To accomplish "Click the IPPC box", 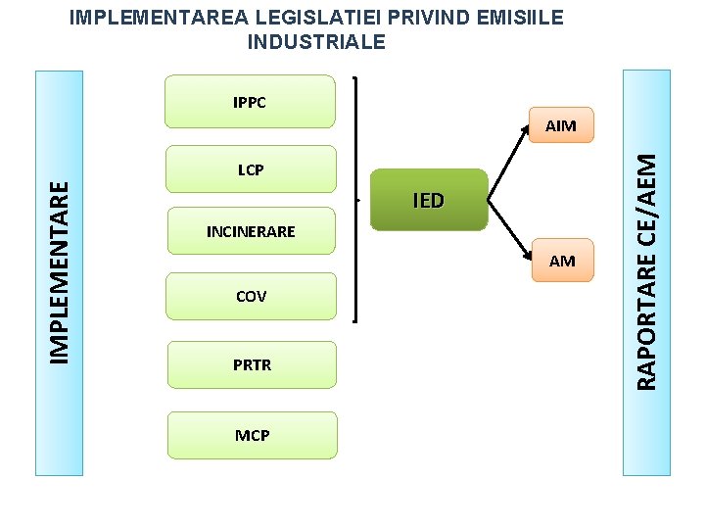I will (x=251, y=102).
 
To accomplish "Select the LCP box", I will (x=251, y=169).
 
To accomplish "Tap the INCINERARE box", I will (x=251, y=232).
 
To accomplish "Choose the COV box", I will (x=251, y=296).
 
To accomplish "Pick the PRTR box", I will (x=252, y=364).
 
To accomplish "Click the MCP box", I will (x=252, y=435).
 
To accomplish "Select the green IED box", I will (x=429, y=201).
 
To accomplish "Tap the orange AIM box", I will (x=560, y=125).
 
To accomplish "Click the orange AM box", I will (x=561, y=261).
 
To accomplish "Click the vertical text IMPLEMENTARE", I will (x=60, y=271).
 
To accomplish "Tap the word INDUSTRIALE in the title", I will (x=317, y=42).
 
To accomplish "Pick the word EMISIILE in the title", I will (x=514, y=19).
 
